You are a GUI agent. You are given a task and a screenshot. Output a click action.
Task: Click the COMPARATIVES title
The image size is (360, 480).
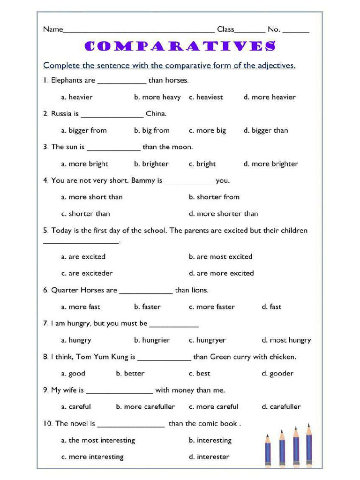tap(180, 46)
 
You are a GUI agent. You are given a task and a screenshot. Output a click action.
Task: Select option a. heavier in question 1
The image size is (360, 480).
tap(77, 97)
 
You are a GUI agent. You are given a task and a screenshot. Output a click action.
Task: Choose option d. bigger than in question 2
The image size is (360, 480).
tap(266, 130)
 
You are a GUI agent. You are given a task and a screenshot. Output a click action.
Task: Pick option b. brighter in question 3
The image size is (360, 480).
tap(151, 164)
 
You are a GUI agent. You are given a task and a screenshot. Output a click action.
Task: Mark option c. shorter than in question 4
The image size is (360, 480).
tap(86, 214)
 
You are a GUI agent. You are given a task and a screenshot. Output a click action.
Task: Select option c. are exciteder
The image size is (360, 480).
tap(87, 273)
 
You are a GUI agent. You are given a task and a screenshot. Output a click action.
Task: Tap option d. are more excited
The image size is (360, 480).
tap(221, 273)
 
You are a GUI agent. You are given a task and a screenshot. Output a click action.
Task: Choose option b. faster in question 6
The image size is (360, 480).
tap(147, 307)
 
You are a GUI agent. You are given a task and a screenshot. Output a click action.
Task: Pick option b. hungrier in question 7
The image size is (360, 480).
tap(152, 340)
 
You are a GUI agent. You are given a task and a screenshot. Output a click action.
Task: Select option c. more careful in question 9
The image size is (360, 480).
tap(213, 407)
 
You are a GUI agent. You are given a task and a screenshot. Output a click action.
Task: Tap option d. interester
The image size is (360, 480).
tap(209, 457)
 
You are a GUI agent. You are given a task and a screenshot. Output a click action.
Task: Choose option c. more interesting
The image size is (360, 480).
tap(92, 457)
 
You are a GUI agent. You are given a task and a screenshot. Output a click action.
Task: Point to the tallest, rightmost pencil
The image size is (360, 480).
tap(309, 445)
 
